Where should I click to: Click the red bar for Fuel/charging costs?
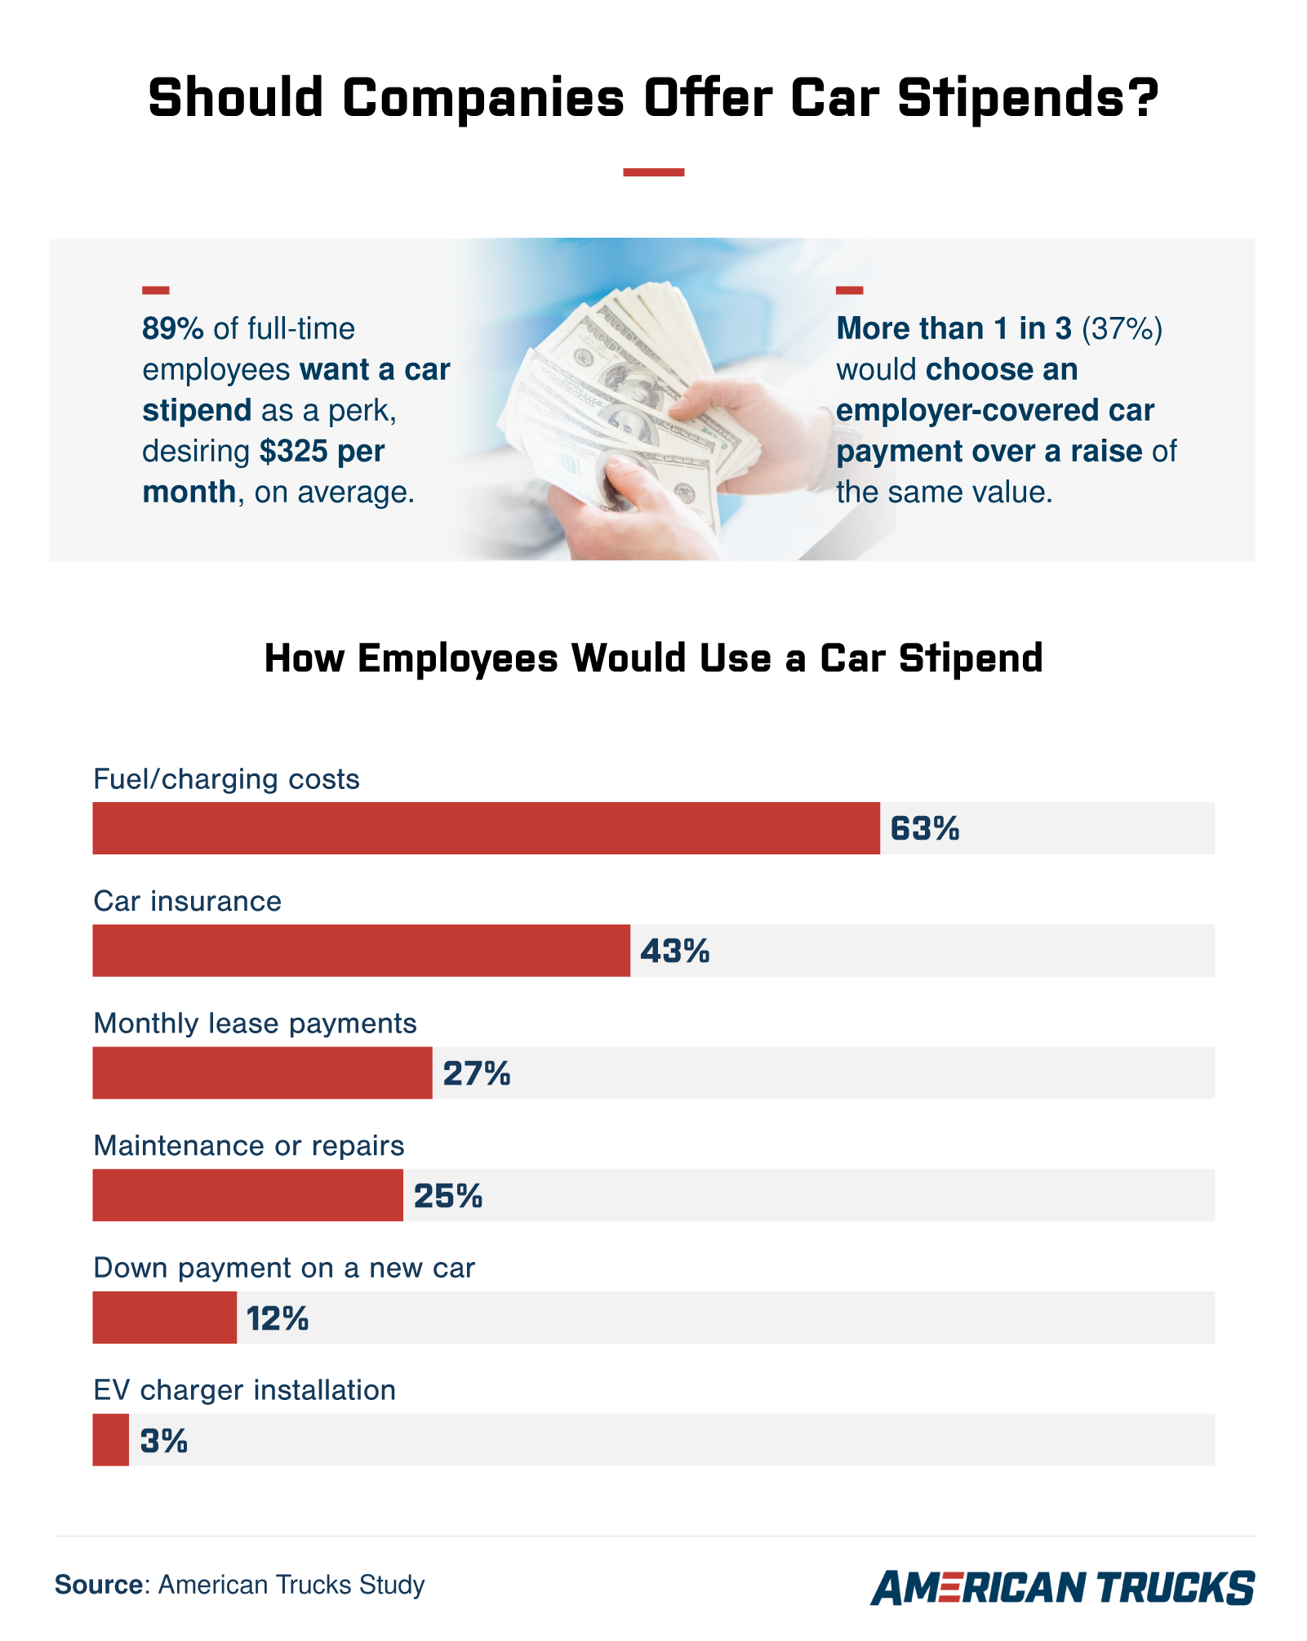coord(486,828)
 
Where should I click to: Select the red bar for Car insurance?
coord(361,951)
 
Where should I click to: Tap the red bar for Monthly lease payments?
coord(262,1072)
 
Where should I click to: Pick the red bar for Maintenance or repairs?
coord(247,1195)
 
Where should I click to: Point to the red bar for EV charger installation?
coord(110,1440)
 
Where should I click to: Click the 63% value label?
coord(924,829)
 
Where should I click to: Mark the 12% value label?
coord(278,1318)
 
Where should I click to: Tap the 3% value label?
coord(164,1441)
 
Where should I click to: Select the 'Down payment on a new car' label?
coord(284,1268)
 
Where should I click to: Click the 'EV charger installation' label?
coord(244,1390)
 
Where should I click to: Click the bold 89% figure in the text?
coord(172,328)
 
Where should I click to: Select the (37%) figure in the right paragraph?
coord(1122,328)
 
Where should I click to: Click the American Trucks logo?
coord(1062,1587)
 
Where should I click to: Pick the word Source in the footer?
coord(99,1585)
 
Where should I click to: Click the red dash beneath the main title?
coord(653,172)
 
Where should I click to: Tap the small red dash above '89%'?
coord(155,290)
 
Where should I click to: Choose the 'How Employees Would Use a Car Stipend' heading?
coord(653,658)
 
